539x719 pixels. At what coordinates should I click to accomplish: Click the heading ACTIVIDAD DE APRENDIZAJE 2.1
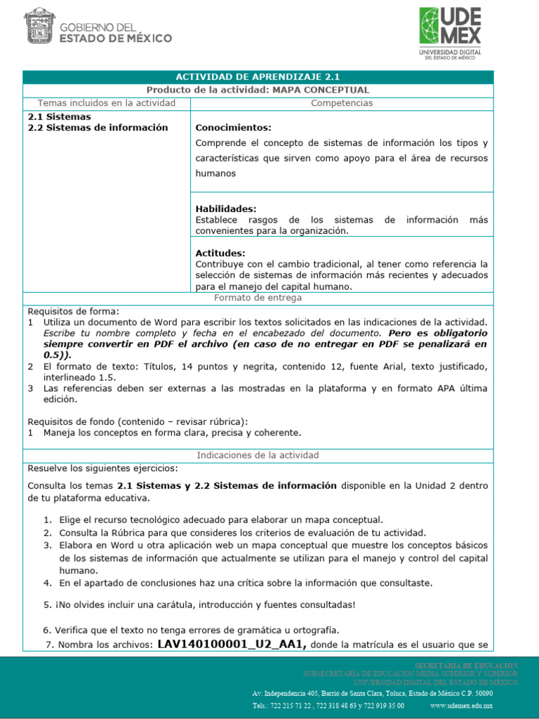point(258,77)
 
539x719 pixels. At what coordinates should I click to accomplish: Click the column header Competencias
point(342,103)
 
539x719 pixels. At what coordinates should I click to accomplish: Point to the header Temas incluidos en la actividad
point(106,103)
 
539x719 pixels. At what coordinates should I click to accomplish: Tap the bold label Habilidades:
point(226,209)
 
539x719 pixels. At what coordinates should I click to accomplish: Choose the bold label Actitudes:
point(220,253)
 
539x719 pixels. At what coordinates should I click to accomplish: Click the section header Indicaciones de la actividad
point(258,455)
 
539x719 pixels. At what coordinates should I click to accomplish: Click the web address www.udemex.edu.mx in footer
point(461,706)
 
